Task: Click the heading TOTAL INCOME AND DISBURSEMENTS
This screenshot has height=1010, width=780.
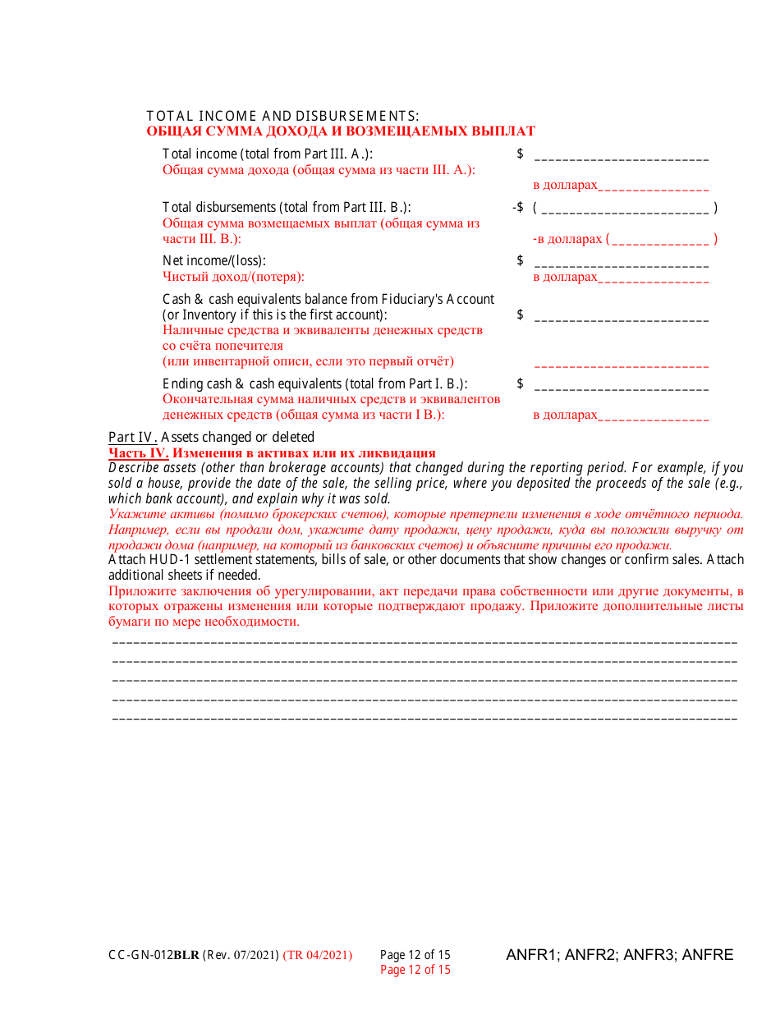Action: [282, 116]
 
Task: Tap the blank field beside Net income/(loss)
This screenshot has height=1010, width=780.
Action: [622, 264]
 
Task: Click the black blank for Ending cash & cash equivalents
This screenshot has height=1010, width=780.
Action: [622, 387]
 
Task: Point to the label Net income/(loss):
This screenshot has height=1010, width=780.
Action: [214, 261]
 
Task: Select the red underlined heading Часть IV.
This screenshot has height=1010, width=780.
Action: [138, 452]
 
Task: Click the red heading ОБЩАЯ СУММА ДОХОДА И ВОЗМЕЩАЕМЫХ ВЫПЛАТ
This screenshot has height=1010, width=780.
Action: [340, 131]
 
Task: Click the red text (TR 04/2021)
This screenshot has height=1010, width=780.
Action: [318, 955]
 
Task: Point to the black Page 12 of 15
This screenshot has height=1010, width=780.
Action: [415, 955]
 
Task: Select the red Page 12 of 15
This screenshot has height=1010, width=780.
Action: [415, 970]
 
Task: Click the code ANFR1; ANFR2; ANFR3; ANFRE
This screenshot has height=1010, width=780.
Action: [619, 955]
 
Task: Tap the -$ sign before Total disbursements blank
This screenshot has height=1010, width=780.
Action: [517, 208]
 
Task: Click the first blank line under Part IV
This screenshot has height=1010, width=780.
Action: [424, 641]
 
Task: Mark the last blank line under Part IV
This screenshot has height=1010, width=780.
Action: [424, 719]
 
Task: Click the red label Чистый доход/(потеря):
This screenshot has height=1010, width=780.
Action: [233, 277]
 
